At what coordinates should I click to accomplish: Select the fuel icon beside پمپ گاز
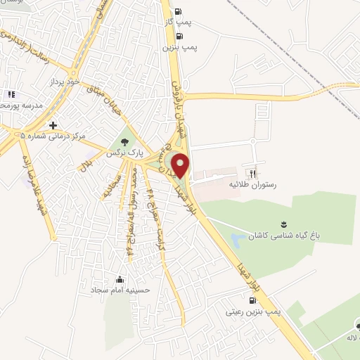point(177,11)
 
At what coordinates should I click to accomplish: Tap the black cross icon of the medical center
point(53,125)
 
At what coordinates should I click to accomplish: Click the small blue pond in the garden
point(237,237)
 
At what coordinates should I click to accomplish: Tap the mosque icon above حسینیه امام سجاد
point(120,279)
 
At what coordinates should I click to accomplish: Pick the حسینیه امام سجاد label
point(119,289)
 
